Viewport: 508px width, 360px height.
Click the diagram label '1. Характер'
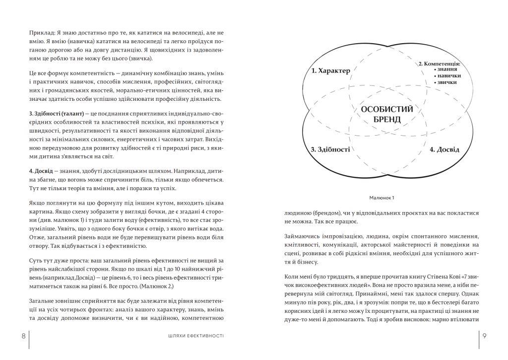[331, 71]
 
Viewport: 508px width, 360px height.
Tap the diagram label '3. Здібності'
[330, 149]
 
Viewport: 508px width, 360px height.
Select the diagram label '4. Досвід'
[444, 149]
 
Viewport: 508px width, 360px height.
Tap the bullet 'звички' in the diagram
[448, 82]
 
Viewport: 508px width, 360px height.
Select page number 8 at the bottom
[23, 336]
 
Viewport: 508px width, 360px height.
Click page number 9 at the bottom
[484, 336]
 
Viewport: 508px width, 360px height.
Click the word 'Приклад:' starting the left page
[42, 33]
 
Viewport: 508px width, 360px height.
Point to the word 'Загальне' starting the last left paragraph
[43, 301]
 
